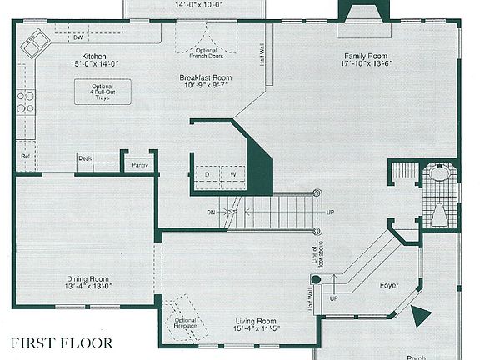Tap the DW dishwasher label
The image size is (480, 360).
point(77,37)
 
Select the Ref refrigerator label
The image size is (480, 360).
point(25,156)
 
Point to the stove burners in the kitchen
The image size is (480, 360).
point(26,102)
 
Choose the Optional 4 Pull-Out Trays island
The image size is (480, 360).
point(101,92)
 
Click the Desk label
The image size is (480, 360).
point(85,157)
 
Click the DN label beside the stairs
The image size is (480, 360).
point(212,213)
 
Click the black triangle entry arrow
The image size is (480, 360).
point(421,315)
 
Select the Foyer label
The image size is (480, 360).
point(388,286)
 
